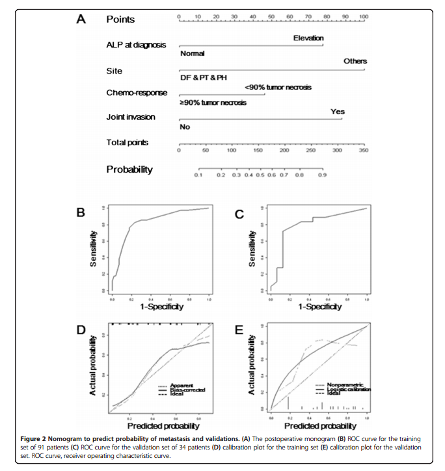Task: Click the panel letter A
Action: tap(81, 19)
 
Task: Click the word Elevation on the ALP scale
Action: tap(308, 38)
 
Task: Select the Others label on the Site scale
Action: tap(355, 61)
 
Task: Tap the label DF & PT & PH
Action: tap(204, 78)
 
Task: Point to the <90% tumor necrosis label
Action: tap(278, 87)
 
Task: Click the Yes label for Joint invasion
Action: tap(337, 111)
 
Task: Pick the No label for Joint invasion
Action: tap(185, 127)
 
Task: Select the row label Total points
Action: tap(128, 142)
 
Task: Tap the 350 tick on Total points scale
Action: tap(363, 150)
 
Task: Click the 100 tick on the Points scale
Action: tap(363, 14)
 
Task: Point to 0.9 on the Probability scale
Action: tap(321, 175)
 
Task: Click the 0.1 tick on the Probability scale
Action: tap(198, 175)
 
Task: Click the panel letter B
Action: tap(81, 212)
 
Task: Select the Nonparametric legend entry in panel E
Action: tap(345, 384)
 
